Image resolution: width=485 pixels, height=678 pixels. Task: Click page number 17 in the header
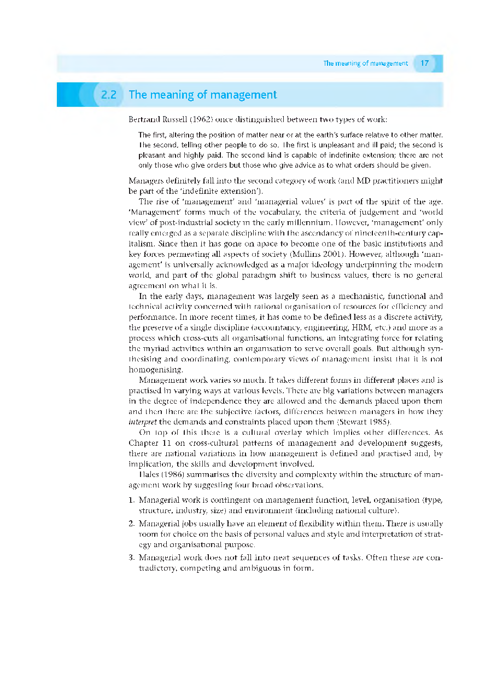[425, 64]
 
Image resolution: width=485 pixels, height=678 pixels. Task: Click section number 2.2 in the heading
[109, 95]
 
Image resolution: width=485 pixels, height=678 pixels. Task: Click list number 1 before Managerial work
[131, 500]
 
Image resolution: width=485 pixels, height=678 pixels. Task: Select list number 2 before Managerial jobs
[131, 524]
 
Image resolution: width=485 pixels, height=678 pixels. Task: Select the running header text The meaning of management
[365, 64]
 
